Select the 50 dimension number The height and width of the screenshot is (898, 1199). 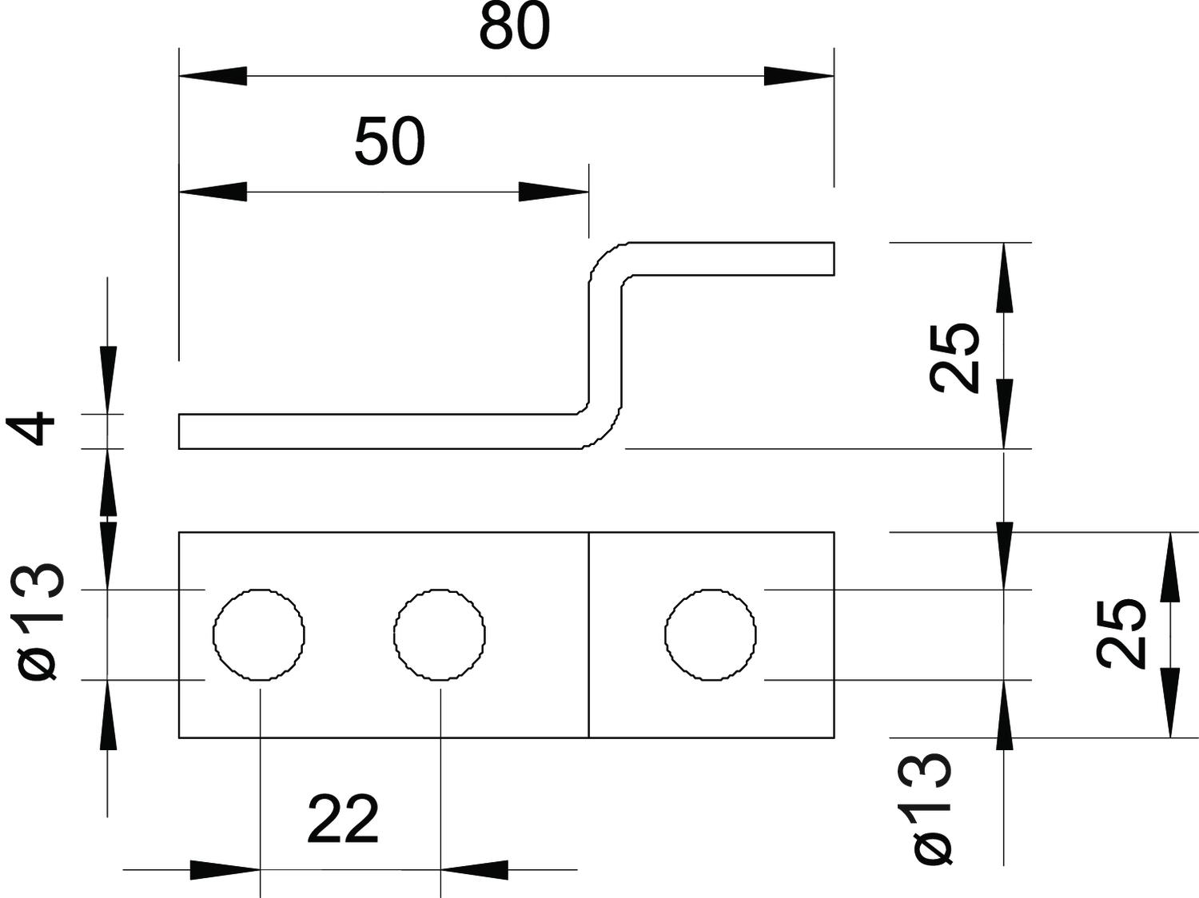[x=389, y=142]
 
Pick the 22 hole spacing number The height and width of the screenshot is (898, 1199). [x=342, y=820]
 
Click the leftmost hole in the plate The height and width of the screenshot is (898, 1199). [x=258, y=634]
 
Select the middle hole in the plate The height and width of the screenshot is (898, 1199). [x=440, y=634]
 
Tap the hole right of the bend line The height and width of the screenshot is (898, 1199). [x=710, y=634]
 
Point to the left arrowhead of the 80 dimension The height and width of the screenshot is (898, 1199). [x=212, y=76]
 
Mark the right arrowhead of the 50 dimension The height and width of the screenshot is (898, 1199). [x=554, y=192]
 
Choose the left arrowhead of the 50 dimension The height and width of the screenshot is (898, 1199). [x=212, y=192]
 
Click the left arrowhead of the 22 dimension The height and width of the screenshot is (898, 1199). [x=225, y=869]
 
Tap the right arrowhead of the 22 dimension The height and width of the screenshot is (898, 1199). [x=474, y=869]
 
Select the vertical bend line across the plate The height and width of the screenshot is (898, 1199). [x=588, y=634]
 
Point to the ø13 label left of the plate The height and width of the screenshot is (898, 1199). [x=40, y=622]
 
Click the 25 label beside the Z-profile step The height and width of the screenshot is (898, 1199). [x=956, y=358]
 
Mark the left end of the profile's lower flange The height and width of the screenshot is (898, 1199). [x=181, y=431]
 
